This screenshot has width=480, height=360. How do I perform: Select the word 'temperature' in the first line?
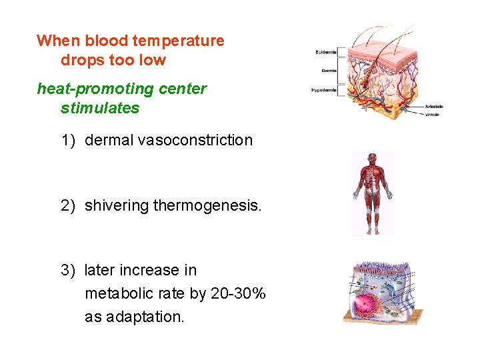(178, 41)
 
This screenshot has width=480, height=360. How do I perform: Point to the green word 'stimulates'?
(100, 108)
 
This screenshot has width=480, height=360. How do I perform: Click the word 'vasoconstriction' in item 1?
(195, 140)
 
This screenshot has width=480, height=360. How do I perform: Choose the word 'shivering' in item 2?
(117, 206)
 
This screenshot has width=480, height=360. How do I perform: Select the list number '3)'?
(68, 270)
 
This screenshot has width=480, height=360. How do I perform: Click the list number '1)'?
(68, 140)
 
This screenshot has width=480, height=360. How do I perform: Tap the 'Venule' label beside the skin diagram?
(432, 114)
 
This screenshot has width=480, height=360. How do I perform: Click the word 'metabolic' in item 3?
(116, 293)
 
